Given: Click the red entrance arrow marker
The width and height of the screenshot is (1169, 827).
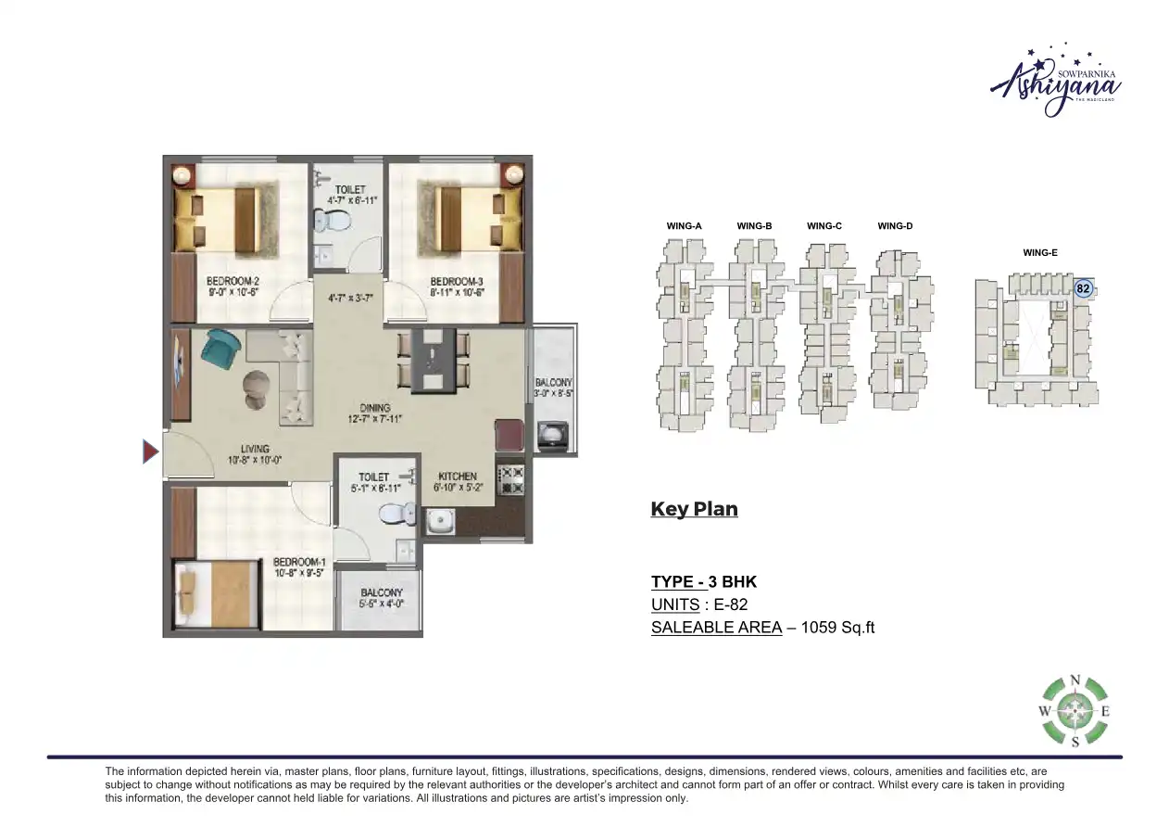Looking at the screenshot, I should [x=150, y=452].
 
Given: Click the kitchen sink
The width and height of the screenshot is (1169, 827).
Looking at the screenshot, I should [x=438, y=521].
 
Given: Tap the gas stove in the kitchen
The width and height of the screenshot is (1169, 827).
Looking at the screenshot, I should [x=511, y=479].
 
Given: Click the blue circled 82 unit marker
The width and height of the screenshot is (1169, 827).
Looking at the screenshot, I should [x=1082, y=289].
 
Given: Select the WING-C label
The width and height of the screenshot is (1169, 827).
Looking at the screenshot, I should [x=823, y=226].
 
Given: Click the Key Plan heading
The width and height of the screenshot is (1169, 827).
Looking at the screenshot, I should [x=694, y=509].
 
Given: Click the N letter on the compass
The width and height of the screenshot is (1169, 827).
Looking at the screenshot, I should [x=1075, y=680].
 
